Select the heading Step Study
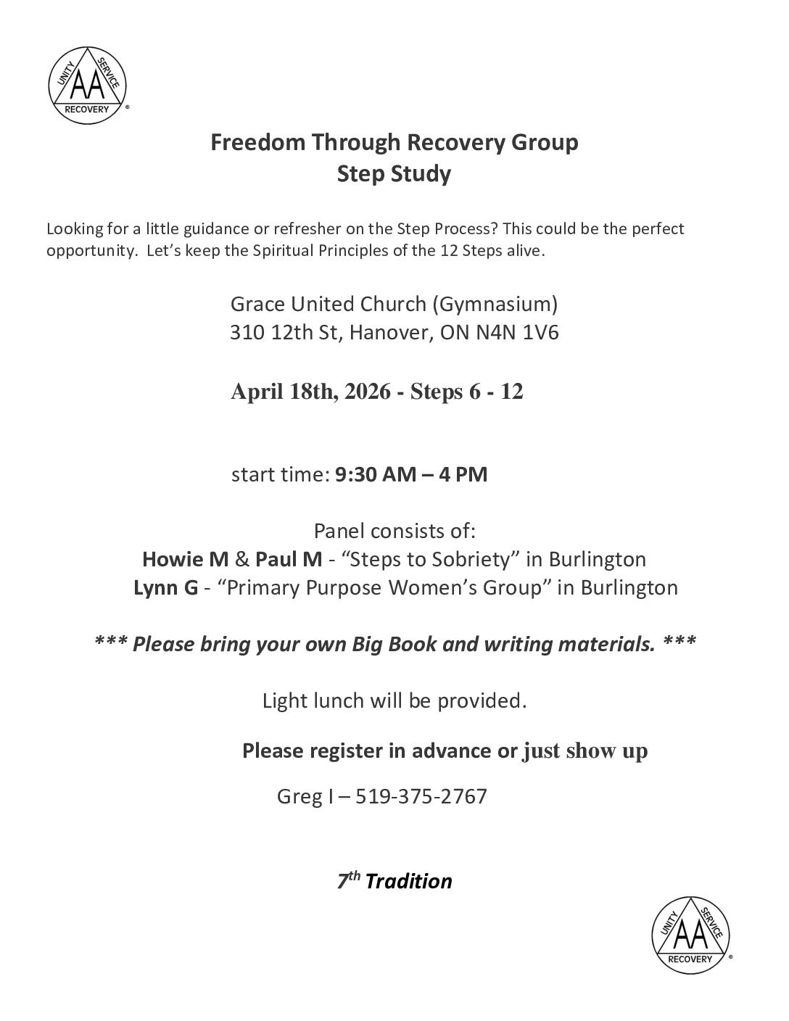394,175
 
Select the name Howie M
186,560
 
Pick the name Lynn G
166,587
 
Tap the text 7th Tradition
394,881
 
